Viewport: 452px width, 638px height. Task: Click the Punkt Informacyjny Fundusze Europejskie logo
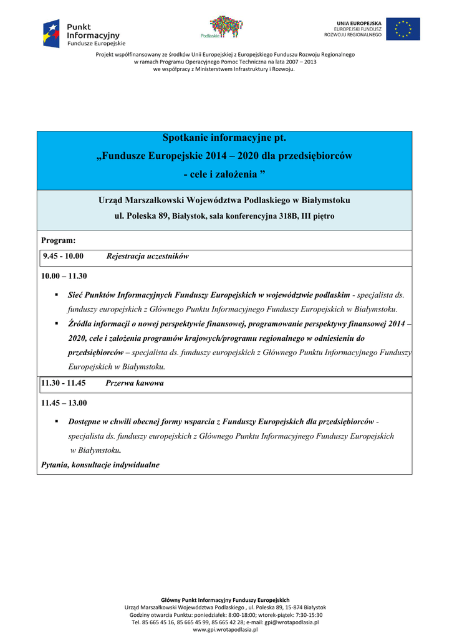84,34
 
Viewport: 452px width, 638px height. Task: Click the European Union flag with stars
403,29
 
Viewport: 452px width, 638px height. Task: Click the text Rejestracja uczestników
147,256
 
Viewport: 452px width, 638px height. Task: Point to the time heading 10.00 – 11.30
64,276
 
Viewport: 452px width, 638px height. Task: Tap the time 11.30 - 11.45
63,383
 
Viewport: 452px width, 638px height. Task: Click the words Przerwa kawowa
135,383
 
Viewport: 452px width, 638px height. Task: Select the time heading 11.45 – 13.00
64,403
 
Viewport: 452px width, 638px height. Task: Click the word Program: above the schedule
58,240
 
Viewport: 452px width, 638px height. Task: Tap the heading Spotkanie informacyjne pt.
224,138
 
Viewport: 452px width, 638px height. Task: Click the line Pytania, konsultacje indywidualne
100,465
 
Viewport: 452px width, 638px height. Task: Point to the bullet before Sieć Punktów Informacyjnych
56,293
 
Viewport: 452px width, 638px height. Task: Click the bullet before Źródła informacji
56,323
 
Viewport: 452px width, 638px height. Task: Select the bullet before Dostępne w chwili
56,421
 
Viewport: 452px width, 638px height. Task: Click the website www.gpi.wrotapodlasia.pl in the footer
225,629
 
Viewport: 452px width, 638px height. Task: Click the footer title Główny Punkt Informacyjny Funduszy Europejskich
225,599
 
